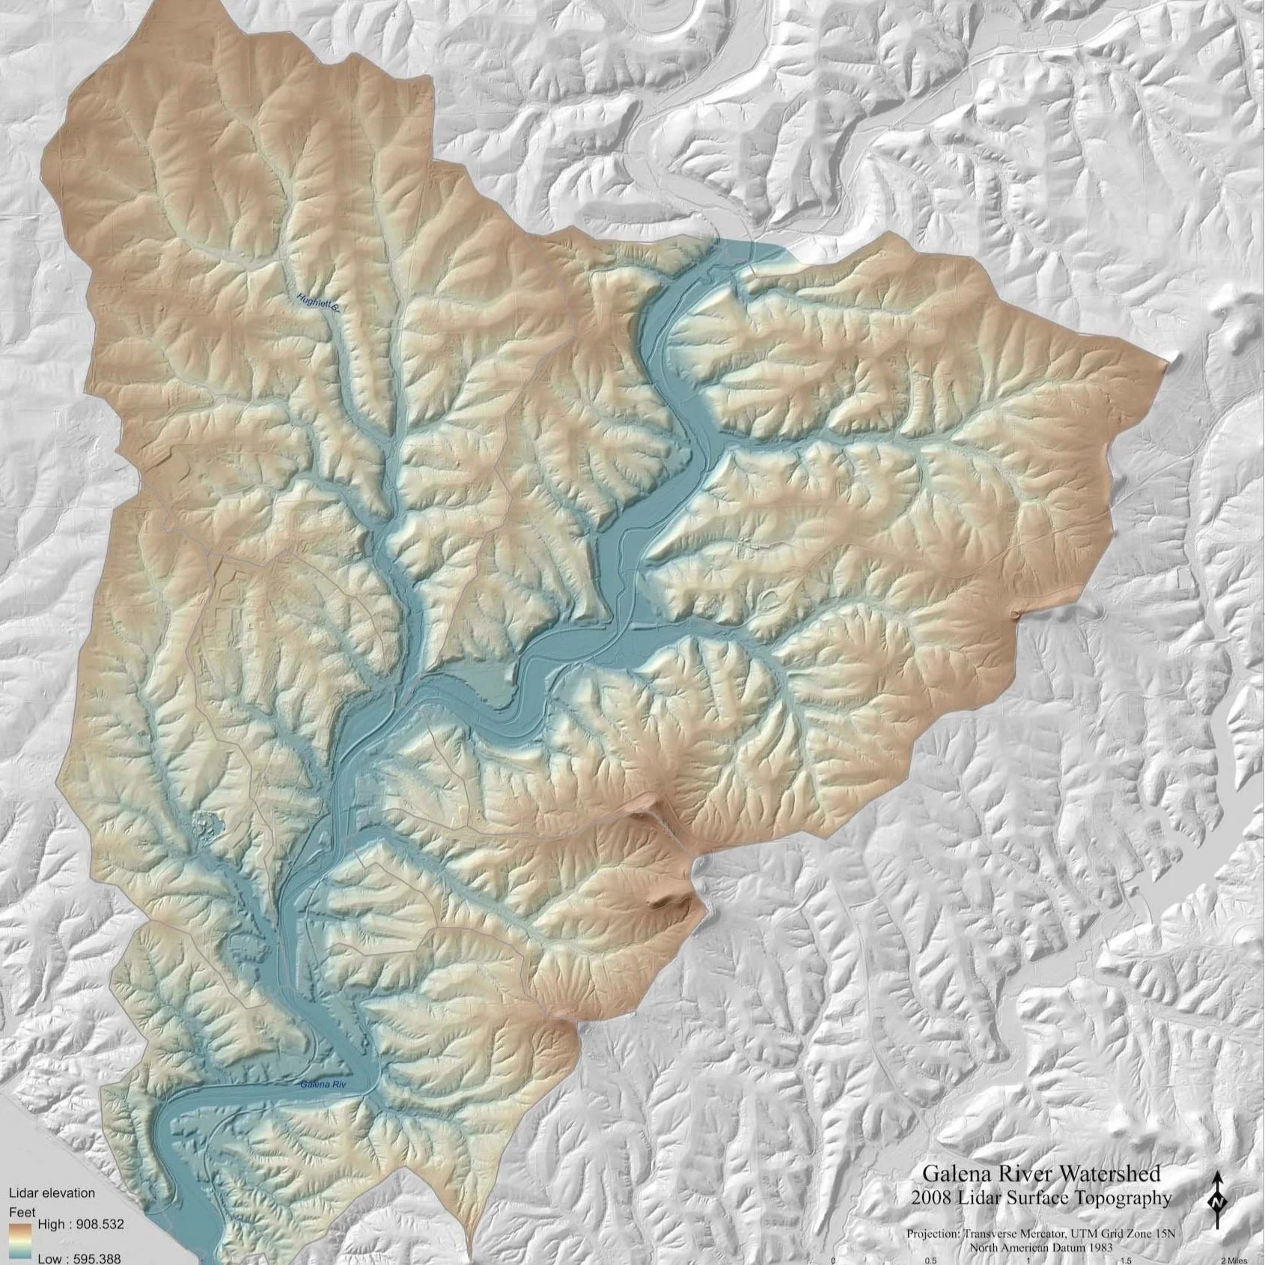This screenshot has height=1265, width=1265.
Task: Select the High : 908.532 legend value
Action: tap(79, 1225)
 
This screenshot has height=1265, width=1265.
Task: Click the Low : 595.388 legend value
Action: tap(79, 1259)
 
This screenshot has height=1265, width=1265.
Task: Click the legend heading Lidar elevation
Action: tap(51, 1192)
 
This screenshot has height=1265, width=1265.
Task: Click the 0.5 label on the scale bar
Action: tap(930, 1260)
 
